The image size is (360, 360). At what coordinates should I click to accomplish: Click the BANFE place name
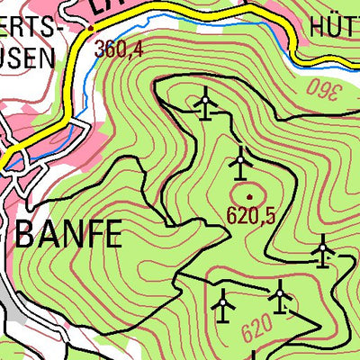70,236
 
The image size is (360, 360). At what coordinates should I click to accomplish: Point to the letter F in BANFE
92,236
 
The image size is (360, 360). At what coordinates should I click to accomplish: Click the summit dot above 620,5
248,193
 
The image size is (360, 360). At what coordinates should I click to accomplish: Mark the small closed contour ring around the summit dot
248,193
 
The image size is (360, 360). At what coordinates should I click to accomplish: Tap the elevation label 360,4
118,49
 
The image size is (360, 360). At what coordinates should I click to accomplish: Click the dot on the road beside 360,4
90,29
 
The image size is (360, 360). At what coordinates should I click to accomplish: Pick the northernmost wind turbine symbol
206,106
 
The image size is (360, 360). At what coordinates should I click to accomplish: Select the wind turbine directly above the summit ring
240,164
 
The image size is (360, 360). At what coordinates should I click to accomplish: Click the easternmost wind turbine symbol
322,253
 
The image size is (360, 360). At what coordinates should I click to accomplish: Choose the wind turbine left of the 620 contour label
222,307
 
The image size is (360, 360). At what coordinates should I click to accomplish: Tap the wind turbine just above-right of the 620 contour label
281,297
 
